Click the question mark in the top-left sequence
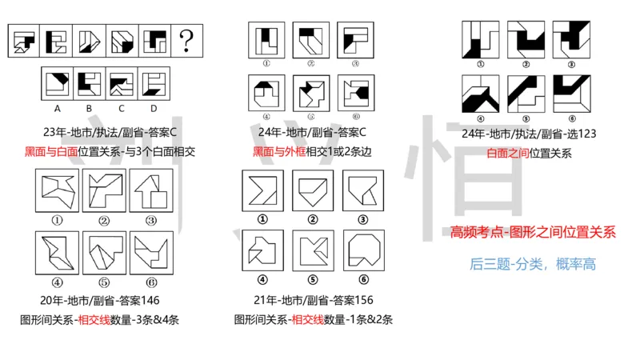tap(187, 39)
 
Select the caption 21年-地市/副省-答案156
tap(305, 300)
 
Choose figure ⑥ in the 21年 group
tap(353, 250)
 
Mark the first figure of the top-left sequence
tap(26, 39)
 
